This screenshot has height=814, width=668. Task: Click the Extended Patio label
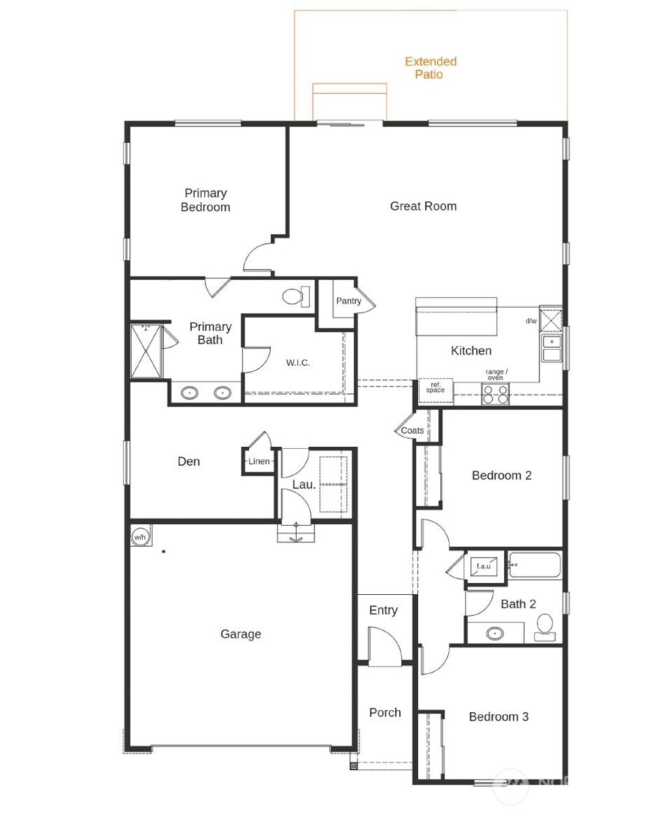[431, 68]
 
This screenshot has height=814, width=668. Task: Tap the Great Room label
[423, 206]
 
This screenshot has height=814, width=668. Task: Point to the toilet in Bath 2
[543, 627]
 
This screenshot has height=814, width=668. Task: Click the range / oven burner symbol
[495, 394]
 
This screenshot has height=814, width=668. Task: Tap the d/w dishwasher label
[531, 321]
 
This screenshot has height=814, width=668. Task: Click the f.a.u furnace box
[483, 565]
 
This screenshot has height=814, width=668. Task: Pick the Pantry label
[348, 301]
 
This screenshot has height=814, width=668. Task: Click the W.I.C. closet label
[298, 363]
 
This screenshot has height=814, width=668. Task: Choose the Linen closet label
[259, 461]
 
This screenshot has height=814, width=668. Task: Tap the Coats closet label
[412, 430]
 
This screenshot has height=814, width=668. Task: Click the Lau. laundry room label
[304, 485]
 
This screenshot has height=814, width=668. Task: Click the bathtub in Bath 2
[534, 565]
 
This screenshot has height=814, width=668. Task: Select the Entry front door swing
[384, 646]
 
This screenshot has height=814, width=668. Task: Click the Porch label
[385, 712]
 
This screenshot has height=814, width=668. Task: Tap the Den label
[189, 461]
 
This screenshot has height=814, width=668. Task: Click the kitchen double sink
[552, 348]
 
